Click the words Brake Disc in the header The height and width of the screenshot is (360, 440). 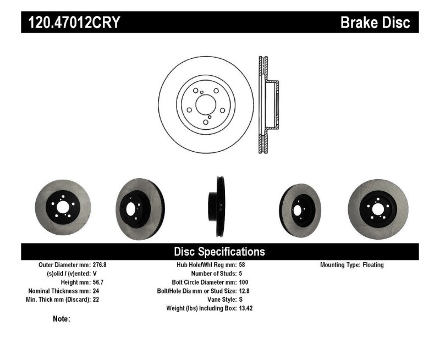point(375,23)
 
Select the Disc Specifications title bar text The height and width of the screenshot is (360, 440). point(219,252)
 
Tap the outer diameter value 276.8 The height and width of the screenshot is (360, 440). point(99,265)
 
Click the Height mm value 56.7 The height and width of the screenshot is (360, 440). point(98,283)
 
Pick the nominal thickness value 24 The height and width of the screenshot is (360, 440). point(96,291)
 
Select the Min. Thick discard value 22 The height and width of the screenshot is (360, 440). point(96,300)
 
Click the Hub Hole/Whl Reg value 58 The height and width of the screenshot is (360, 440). point(242,265)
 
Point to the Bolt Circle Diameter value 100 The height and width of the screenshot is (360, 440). point(244,283)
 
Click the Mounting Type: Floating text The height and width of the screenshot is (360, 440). point(352,265)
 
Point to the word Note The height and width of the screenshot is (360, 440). point(61,319)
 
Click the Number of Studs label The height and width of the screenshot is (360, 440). point(214,274)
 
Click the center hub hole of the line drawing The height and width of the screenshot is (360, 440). point(205,104)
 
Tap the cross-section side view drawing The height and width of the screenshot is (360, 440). point(267,104)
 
